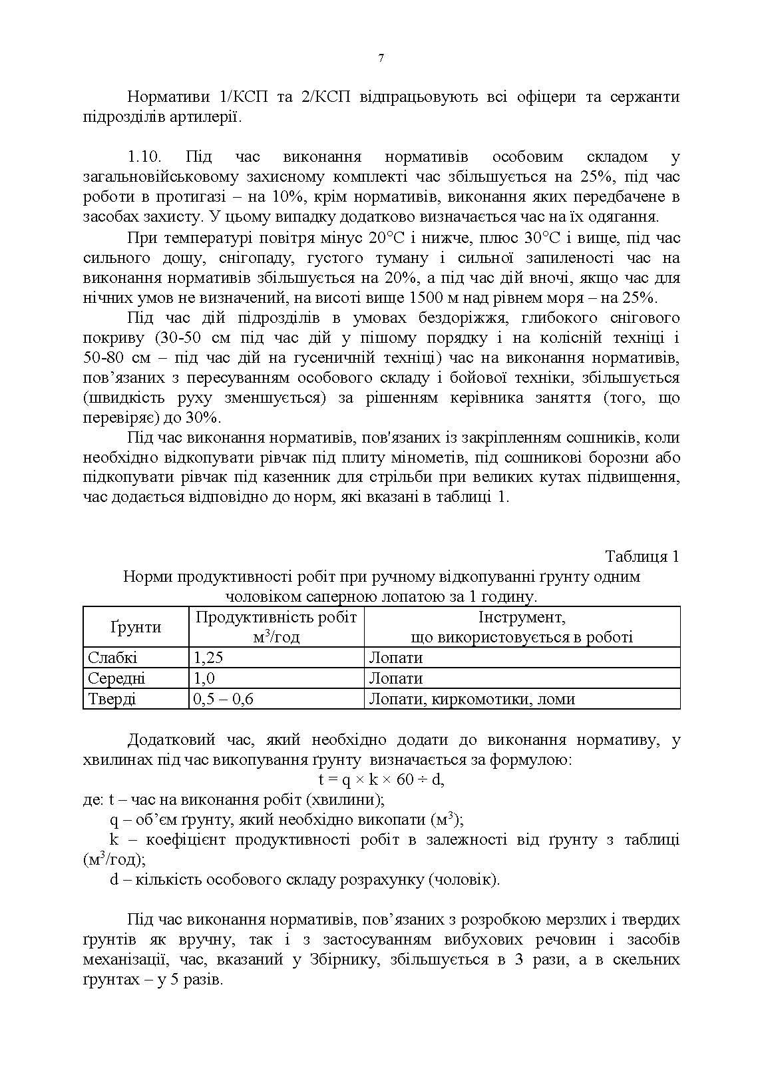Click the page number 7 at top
pyautogui.click(x=381, y=59)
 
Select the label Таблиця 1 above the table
pyautogui.click(x=642, y=556)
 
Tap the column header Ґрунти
pyautogui.click(x=136, y=627)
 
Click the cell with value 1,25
pyautogui.click(x=208, y=658)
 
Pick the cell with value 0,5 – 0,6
pyautogui.click(x=223, y=699)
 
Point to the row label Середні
pyautogui.click(x=116, y=678)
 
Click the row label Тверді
pyautogui.click(x=112, y=699)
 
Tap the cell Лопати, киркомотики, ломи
pyautogui.click(x=471, y=699)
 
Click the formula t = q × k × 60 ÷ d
pyautogui.click(x=381, y=779)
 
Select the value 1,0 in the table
pyautogui.click(x=204, y=678)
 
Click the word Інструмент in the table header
pyautogui.click(x=522, y=617)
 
